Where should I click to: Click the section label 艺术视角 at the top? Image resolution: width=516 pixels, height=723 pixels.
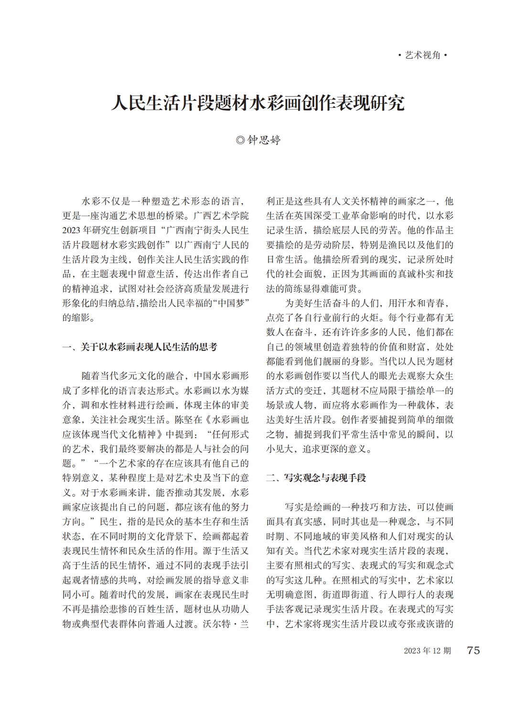(x=423, y=55)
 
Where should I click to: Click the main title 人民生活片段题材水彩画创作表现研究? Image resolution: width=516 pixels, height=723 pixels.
(x=258, y=103)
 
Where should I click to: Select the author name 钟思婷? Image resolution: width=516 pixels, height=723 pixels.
(x=264, y=140)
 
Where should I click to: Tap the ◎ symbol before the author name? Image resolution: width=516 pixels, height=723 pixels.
(x=240, y=140)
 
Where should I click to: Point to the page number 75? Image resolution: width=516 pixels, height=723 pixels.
(x=473, y=650)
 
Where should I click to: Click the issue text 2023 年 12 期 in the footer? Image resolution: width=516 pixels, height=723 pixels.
(x=427, y=651)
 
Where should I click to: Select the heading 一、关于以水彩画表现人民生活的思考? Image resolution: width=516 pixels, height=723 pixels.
(x=140, y=347)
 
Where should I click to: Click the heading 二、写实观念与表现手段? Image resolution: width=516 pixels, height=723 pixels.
(x=316, y=478)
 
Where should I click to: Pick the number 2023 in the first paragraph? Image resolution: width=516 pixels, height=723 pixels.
(x=71, y=230)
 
